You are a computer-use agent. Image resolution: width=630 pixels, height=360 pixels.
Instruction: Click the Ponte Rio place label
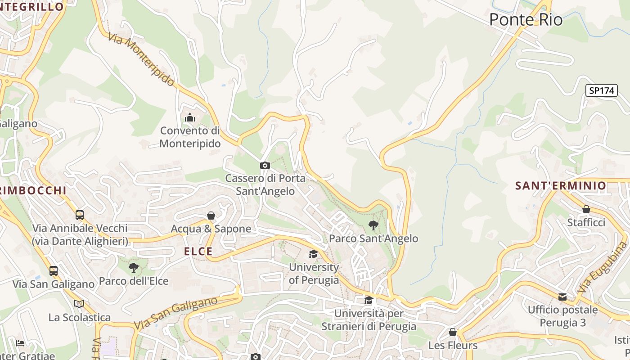[x=526, y=20]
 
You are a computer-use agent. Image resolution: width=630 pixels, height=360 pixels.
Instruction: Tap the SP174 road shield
[x=602, y=90]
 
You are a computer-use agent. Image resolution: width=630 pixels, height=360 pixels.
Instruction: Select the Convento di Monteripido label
[x=190, y=137]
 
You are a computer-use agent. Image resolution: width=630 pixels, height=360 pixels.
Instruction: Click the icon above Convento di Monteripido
[x=190, y=118]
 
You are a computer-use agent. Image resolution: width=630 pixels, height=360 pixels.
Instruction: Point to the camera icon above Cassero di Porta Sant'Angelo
[x=265, y=165]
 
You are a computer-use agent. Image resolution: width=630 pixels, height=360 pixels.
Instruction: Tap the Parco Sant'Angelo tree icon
[x=373, y=225]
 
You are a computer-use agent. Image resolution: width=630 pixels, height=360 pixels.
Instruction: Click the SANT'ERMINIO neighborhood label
[x=561, y=185]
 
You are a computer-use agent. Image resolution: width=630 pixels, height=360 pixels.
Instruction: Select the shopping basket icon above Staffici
[x=586, y=209]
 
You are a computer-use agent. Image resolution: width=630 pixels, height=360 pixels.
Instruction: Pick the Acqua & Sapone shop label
[x=211, y=229]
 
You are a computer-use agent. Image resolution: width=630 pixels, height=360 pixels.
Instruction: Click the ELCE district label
[x=198, y=252]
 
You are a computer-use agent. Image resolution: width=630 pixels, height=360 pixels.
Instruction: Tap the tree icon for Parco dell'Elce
[x=134, y=268]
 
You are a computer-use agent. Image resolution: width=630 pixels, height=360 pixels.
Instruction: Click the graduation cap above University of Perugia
[x=313, y=254]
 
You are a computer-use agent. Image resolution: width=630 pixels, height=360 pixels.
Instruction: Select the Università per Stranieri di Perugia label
[x=369, y=319]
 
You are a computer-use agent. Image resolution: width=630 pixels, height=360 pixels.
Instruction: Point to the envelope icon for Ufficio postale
[x=562, y=297]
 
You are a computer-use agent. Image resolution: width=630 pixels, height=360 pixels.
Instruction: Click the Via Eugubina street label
[x=603, y=268]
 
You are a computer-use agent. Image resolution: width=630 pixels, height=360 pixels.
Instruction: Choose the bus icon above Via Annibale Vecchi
[x=80, y=215]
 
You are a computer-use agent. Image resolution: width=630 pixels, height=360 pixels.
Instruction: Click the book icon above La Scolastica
[x=79, y=304]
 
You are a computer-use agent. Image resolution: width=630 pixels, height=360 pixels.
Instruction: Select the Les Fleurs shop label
[x=453, y=346]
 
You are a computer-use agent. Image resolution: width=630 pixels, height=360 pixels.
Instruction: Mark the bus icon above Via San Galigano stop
[x=54, y=270]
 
